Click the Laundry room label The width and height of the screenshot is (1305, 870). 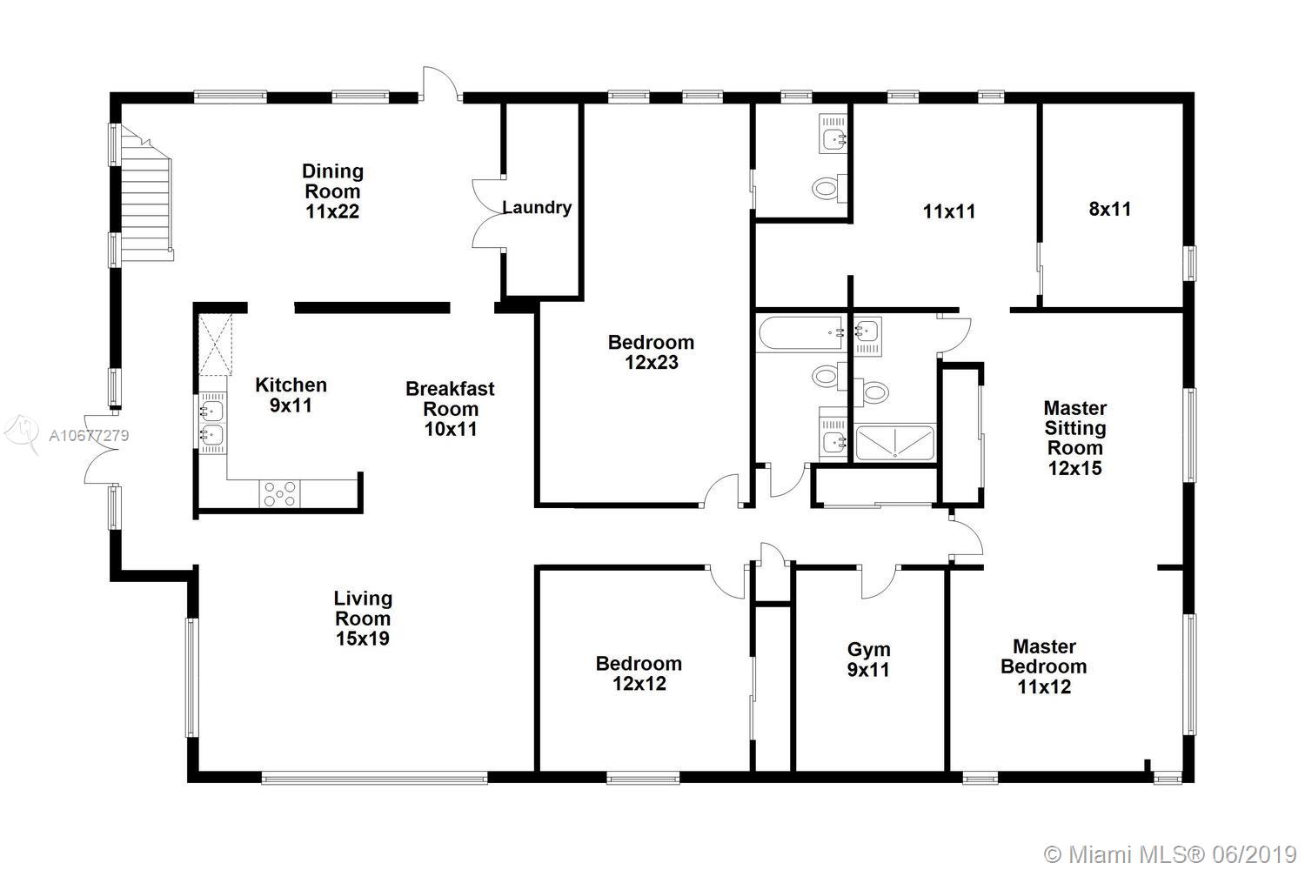[x=537, y=207]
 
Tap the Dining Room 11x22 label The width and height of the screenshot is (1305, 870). [x=332, y=191]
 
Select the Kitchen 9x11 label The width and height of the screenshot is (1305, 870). [x=291, y=395]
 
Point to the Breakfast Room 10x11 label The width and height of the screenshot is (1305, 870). [x=451, y=409]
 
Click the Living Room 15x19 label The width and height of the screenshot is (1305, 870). [x=363, y=619]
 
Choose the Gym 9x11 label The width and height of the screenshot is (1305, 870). [x=868, y=659]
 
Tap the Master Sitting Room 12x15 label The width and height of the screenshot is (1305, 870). [x=1074, y=438]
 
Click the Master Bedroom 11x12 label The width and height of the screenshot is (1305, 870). [x=1044, y=666]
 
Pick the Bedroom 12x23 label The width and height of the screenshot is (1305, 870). [x=652, y=352]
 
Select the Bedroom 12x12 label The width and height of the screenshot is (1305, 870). [x=639, y=673]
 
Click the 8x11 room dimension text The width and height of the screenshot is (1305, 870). [x=1110, y=209]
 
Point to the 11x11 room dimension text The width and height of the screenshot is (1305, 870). [x=949, y=211]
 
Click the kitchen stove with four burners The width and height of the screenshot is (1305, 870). [x=279, y=494]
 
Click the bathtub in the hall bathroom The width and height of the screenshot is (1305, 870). [x=800, y=333]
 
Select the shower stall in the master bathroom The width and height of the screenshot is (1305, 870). [x=895, y=443]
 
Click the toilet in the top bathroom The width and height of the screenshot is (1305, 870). [x=829, y=188]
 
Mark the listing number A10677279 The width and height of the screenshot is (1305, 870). [x=89, y=435]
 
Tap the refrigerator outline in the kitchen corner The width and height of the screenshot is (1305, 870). [x=215, y=345]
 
